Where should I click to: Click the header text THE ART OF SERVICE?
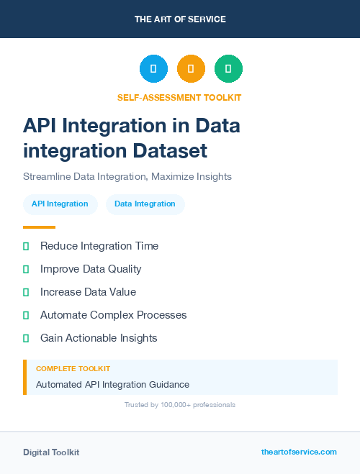point(180,19)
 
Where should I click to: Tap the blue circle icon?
point(153,69)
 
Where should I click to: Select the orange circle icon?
point(191,69)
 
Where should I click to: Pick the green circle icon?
point(228,69)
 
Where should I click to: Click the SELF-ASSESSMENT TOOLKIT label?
point(179,97)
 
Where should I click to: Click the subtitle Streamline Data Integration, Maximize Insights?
point(127,176)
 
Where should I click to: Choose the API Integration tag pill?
point(60,204)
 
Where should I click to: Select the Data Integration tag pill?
point(145,204)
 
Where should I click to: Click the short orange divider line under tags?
point(39,227)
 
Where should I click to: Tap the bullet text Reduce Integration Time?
point(99,246)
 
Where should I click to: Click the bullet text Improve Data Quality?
point(91,269)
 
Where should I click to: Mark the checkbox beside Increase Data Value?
point(26,292)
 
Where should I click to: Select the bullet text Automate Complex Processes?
point(113,315)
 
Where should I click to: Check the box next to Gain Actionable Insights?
point(26,338)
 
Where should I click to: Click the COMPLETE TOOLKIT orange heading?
point(73,368)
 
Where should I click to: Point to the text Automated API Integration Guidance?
point(112,385)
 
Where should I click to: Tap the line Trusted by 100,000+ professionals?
point(180,405)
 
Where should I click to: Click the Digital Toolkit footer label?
point(51,452)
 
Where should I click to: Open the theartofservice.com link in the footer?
point(299,452)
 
